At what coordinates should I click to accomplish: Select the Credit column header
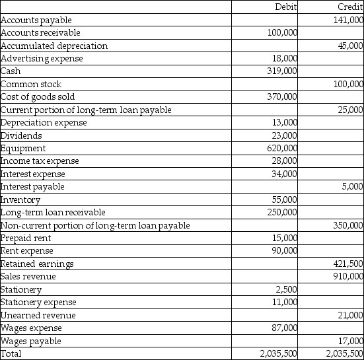click(x=350, y=7)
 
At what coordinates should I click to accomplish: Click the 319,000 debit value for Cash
click(x=281, y=71)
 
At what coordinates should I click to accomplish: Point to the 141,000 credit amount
click(x=347, y=20)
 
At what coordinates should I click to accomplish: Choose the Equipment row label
click(x=23, y=149)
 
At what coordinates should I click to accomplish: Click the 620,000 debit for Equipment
click(x=281, y=149)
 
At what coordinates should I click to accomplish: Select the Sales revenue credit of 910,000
click(x=347, y=277)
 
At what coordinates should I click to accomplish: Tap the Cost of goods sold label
click(x=37, y=97)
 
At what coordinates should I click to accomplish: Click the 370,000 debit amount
click(x=281, y=97)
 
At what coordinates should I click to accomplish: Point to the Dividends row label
click(x=22, y=135)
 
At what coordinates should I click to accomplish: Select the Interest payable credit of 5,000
click(x=353, y=187)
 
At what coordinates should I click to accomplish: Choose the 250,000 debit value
click(x=281, y=213)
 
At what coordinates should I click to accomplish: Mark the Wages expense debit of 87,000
click(x=284, y=328)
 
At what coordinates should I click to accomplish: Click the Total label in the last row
click(x=11, y=354)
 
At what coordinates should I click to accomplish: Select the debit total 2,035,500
click(x=277, y=354)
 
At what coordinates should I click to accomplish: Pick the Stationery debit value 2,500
click(x=286, y=290)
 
